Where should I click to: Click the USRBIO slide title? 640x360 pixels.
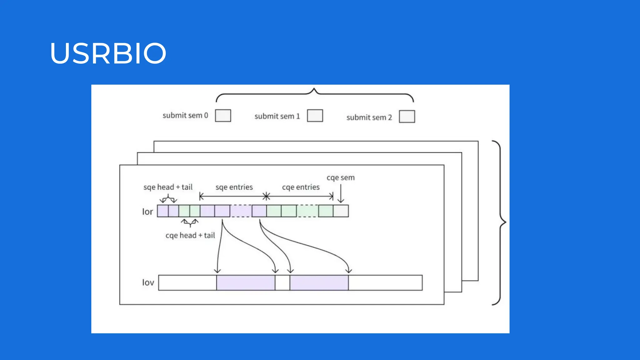pos(108,53)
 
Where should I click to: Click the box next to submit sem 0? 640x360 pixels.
pos(223,116)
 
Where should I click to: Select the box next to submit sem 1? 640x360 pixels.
pos(315,116)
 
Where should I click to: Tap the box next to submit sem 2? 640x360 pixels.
pos(407,117)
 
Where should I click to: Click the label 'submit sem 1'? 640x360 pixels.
pos(277,116)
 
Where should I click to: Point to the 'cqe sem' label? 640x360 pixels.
pos(341,177)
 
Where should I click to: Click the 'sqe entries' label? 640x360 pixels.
pos(234,187)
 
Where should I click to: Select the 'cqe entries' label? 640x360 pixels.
pos(301,187)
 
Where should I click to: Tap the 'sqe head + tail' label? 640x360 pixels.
pos(168,187)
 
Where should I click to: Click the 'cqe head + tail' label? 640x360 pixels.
pos(190,235)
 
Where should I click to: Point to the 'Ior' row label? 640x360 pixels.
pos(147,212)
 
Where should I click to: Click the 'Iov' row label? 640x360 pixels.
pos(148,282)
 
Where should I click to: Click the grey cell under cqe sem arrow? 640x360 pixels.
pos(341,211)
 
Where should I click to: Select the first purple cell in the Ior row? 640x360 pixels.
pos(163,211)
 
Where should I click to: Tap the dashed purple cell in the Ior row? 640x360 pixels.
pos(241,211)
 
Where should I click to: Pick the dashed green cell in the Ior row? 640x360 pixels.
pos(307,211)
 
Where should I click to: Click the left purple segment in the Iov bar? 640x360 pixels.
pos(246,283)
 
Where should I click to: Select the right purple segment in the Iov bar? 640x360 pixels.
pos(319,283)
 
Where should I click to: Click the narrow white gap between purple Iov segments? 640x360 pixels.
pos(282,283)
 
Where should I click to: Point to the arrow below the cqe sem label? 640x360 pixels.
pos(341,194)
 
